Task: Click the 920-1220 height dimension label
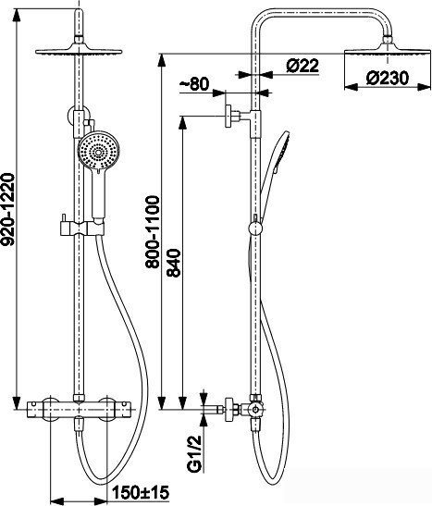[7, 210]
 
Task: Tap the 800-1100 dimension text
[153, 231]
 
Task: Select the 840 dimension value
[174, 263]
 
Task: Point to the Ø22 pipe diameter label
[302, 66]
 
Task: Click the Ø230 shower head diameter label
[388, 79]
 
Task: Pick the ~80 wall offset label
[194, 84]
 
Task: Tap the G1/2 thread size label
[194, 453]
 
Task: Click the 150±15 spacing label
[141, 492]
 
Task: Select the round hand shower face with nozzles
[99, 150]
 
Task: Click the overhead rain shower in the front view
[79, 51]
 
